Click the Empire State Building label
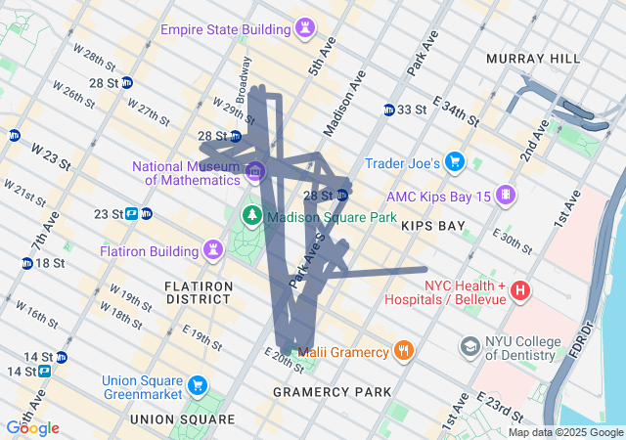[x=226, y=28]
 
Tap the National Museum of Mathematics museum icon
[x=255, y=172]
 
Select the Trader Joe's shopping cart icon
[x=454, y=161]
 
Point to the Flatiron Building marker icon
[x=212, y=251]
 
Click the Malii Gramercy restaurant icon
[x=403, y=350]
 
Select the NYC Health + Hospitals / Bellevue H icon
[x=521, y=290]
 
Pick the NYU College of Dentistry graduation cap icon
[x=470, y=347]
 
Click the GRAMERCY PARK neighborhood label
[x=333, y=392]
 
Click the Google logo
[x=32, y=428]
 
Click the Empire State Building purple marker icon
[x=308, y=27]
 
